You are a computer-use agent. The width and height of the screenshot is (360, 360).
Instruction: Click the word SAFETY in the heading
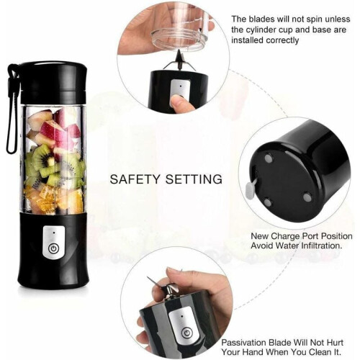pyautogui.click(x=135, y=179)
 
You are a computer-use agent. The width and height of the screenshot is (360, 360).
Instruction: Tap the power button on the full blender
pyautogui.click(x=53, y=248)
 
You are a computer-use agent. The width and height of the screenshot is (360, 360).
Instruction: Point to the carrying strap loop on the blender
pyautogui.click(x=12, y=108)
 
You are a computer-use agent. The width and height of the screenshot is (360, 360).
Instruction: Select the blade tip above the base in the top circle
pyautogui.click(x=179, y=51)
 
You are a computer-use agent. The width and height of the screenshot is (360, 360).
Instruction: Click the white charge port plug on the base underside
pyautogui.click(x=250, y=189)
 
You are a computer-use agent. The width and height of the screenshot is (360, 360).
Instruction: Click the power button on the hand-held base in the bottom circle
pyautogui.click(x=186, y=333)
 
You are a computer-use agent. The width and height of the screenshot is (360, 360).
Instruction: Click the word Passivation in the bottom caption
pyautogui.click(x=243, y=343)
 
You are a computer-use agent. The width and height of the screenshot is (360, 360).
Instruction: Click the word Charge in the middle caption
pyautogui.click(x=285, y=236)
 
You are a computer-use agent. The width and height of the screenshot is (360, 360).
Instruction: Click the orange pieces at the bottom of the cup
pyautogui.click(x=55, y=199)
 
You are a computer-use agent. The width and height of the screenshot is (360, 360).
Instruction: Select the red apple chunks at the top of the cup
pyautogui.click(x=56, y=127)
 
